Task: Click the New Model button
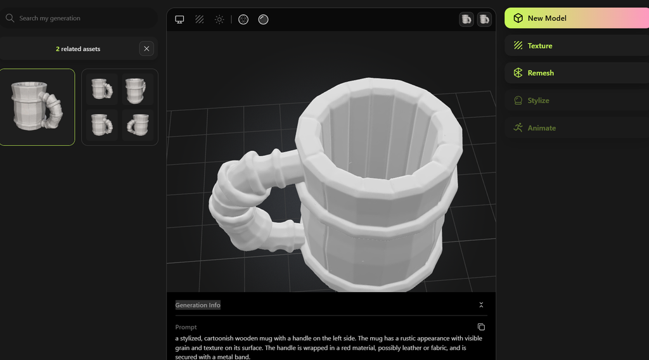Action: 576,18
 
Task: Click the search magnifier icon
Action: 10,18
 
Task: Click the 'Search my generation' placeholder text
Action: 50,18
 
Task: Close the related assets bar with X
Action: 147,48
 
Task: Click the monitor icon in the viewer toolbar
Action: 179,20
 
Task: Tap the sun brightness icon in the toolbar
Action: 219,20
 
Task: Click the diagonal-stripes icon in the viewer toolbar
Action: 199,20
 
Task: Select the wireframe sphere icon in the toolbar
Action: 243,20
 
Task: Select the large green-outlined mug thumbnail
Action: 37,106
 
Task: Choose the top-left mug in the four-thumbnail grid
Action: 101,89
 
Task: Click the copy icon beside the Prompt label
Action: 481,327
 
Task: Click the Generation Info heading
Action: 198,305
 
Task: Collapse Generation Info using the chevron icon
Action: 481,305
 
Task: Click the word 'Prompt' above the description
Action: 186,327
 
